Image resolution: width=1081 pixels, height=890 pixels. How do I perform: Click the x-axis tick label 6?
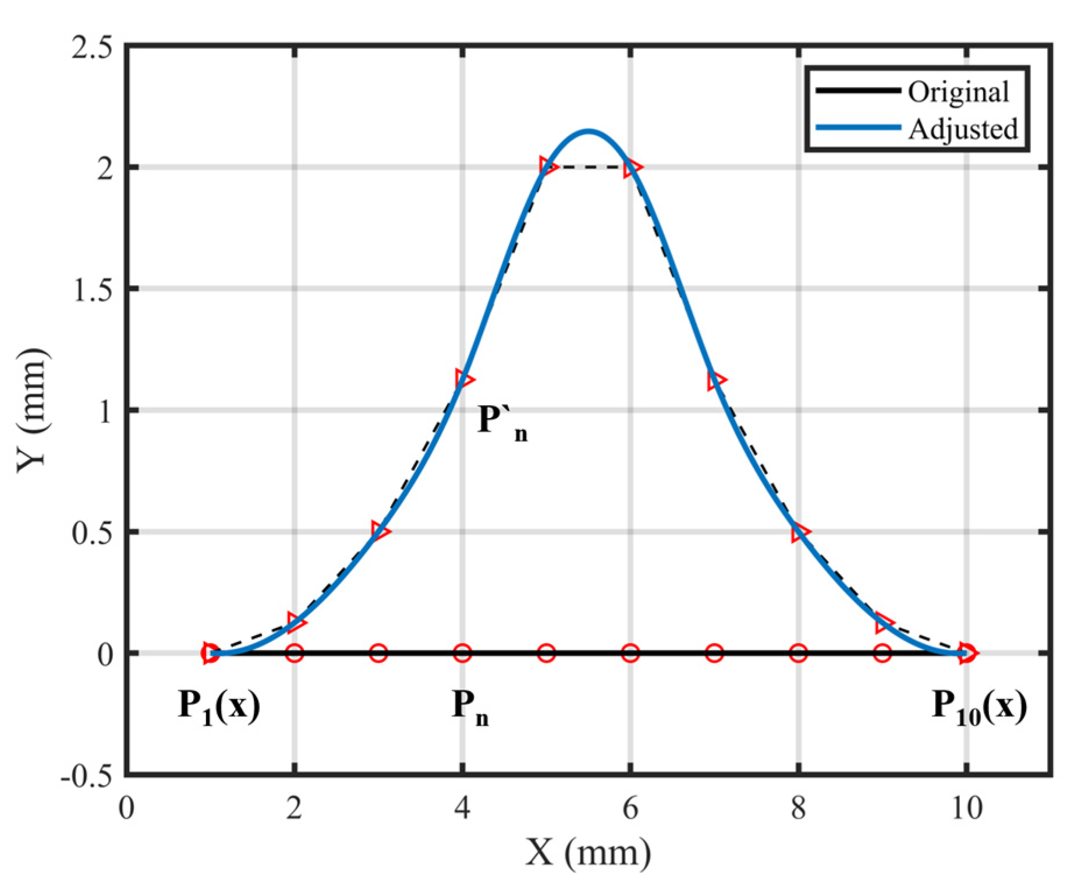point(630,808)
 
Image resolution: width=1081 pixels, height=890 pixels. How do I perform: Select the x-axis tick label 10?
point(966,808)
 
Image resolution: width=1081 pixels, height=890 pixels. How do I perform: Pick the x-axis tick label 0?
point(126,808)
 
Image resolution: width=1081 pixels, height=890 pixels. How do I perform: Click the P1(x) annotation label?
point(219,707)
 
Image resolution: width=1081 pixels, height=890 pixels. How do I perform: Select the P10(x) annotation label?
point(980,707)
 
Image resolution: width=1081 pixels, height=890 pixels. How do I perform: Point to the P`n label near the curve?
point(502,421)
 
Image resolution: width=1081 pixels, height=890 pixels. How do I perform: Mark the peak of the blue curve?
point(589,130)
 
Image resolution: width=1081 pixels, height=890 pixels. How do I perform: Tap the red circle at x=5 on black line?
point(546,653)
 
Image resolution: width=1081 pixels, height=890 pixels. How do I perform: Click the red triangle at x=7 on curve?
point(715,380)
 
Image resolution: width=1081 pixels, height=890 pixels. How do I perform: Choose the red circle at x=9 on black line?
point(882,653)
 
